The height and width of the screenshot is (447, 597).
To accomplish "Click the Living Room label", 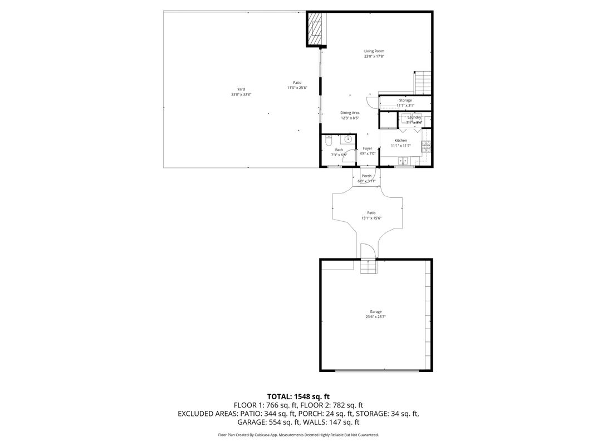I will click(374, 51).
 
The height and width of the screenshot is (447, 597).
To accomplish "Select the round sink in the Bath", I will click(349, 139).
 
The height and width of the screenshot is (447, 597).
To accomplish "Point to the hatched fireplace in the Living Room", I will click(316, 29).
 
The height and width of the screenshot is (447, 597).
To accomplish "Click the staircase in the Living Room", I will click(423, 83).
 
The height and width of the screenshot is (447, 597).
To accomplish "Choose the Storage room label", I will click(405, 100).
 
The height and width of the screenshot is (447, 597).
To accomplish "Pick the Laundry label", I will click(414, 117).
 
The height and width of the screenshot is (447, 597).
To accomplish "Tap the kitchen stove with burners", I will click(426, 147).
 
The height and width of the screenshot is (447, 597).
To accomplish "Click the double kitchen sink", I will click(403, 161).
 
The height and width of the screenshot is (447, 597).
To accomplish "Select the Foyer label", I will click(368, 148).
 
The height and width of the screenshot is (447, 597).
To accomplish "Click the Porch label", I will click(366, 176).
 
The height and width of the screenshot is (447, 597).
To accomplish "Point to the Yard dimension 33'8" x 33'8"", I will click(241, 95).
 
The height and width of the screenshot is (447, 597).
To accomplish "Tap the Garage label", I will click(376, 312).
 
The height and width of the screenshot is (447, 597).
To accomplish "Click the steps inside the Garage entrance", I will click(368, 267).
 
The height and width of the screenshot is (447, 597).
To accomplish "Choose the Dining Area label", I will click(350, 113).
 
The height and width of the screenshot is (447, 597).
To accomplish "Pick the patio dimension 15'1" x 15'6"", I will click(371, 218).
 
